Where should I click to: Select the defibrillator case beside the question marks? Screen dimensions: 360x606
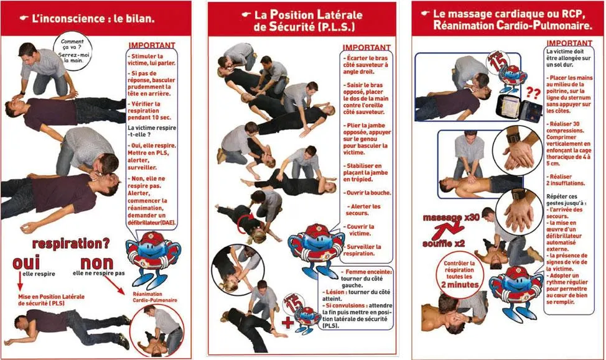point(516,108)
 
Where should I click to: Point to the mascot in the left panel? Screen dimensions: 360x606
point(152,255)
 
